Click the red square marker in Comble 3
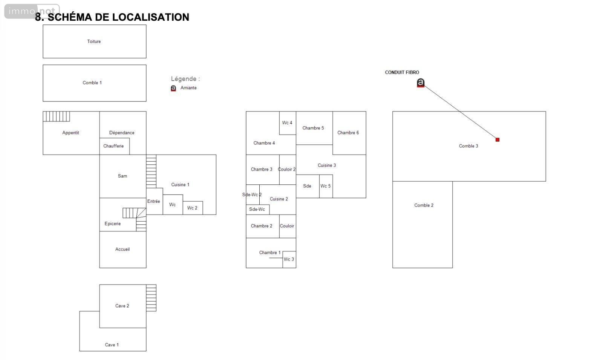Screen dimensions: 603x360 [x=497, y=139]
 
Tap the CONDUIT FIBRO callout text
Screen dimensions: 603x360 [x=402, y=72]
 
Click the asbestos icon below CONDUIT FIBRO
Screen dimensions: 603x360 [x=421, y=83]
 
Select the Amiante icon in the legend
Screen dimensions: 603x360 [x=173, y=88]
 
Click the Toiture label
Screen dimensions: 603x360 [x=94, y=41]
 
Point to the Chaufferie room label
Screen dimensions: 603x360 [x=113, y=146]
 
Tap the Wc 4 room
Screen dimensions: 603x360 [x=288, y=123]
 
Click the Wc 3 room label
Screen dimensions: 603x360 [x=289, y=259]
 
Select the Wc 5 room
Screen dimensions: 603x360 [x=326, y=186]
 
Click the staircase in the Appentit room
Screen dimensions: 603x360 [x=56, y=116]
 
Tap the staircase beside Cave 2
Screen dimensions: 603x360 [x=151, y=298]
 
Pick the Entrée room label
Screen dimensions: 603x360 [x=153, y=201]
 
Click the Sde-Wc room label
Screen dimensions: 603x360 [x=257, y=209]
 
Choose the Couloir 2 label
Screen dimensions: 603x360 [x=286, y=169]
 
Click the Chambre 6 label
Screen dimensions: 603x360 [x=348, y=132]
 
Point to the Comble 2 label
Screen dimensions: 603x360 [x=424, y=205]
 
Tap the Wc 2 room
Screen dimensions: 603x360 [x=193, y=208]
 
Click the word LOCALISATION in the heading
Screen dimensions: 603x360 [x=150, y=17]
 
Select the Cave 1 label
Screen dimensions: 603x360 [x=112, y=345]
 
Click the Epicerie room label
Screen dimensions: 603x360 [x=113, y=224]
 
